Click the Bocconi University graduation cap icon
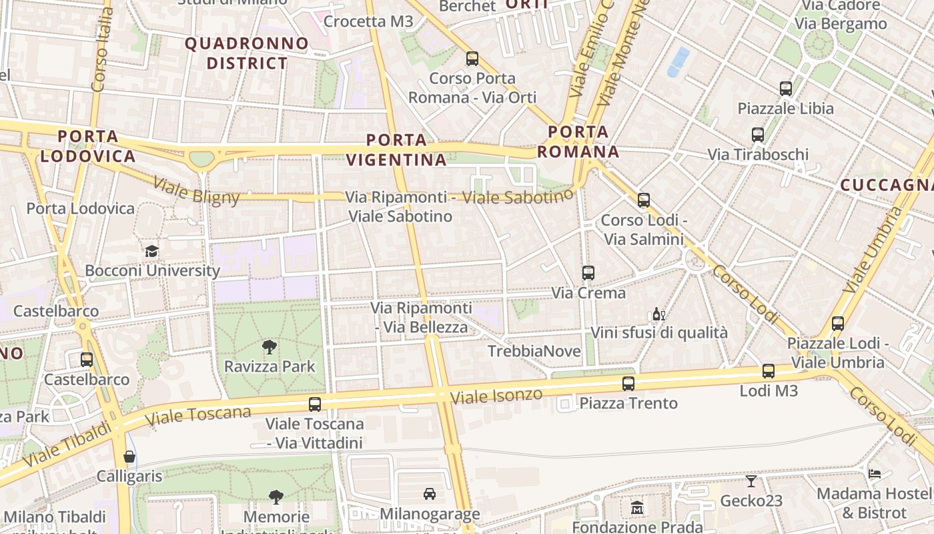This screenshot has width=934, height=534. [152, 251]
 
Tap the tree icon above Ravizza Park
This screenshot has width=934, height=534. [270, 346]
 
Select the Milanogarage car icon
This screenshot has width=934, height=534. [430, 494]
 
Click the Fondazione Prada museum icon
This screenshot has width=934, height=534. [636, 507]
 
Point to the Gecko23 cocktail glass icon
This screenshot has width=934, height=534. [751, 481]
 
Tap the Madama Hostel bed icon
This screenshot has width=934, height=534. [874, 473]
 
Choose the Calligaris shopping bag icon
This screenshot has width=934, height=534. [129, 457]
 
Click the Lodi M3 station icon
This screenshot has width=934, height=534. [769, 371]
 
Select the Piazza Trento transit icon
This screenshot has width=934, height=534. [628, 383]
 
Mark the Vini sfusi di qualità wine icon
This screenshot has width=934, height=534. [658, 314]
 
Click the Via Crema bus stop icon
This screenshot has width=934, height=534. [588, 272]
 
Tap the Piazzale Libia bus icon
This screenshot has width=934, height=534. [786, 88]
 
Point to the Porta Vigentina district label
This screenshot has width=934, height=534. [396, 150]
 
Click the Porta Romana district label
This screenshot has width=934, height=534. [578, 142]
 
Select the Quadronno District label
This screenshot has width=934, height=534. [247, 54]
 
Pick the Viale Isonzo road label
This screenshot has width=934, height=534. [496, 396]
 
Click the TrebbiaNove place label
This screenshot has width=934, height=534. [534, 351]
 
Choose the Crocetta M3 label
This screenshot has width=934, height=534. [368, 21]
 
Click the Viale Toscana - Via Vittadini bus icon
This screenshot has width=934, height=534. [315, 404]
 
